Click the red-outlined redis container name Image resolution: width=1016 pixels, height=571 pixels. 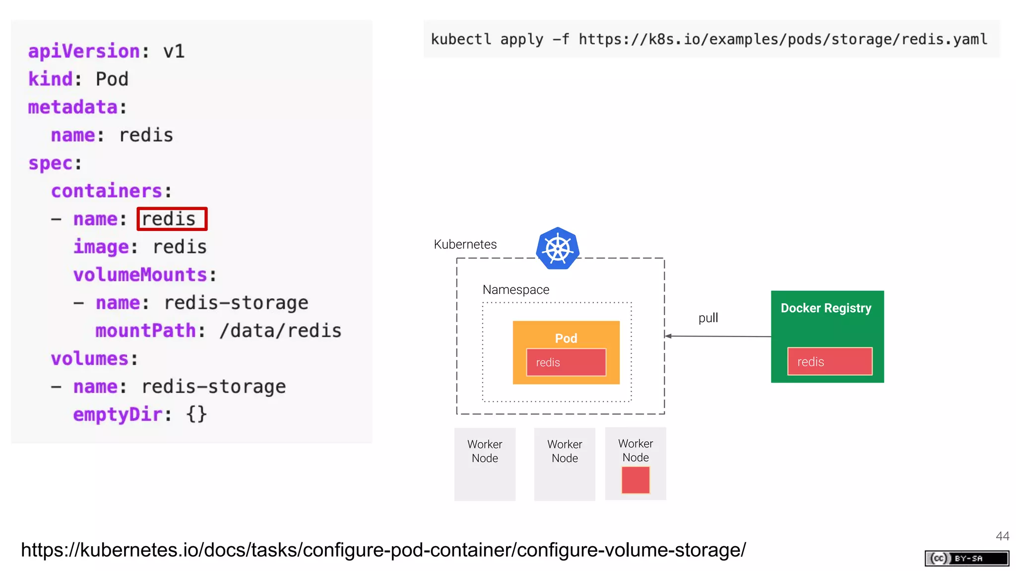[172, 219]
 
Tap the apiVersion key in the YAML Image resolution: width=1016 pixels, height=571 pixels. [84, 52]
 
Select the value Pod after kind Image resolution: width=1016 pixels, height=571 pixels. [112, 79]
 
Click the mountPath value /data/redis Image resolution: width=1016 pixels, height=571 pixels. [280, 331]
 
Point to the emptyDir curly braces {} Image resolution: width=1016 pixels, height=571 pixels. [196, 414]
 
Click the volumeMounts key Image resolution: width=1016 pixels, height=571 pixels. [140, 275]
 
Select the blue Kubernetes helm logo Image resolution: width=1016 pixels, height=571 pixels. [558, 248]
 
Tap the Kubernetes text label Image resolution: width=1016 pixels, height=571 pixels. [465, 244]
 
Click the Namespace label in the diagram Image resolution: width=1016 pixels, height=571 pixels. [515, 289]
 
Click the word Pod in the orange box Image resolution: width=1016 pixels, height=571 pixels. [566, 338]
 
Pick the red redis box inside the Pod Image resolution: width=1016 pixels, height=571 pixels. [566, 362]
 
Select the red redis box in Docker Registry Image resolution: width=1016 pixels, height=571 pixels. [829, 361]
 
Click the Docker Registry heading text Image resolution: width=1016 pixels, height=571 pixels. [825, 308]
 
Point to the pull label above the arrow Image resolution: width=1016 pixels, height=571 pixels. [708, 318]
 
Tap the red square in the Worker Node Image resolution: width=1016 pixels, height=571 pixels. [635, 480]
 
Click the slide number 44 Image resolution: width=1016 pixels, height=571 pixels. [1002, 536]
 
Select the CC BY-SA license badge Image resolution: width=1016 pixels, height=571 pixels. [966, 558]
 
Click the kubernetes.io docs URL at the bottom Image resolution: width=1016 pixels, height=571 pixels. [383, 550]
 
